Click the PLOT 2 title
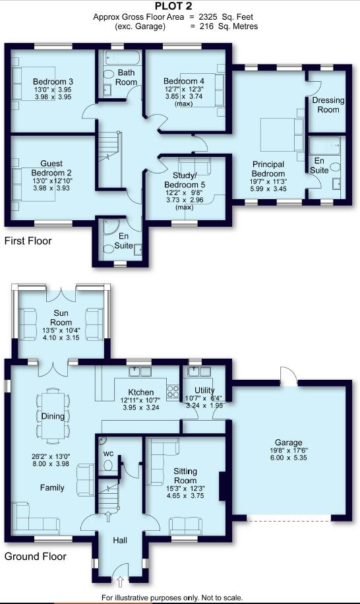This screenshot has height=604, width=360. [x=173, y=6]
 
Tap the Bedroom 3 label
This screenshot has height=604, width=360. [x=53, y=82]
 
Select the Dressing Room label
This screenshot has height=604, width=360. [x=328, y=105]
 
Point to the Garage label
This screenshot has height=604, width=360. [x=288, y=442]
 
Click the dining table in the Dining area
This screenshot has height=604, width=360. [x=53, y=416]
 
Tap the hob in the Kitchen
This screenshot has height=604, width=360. [x=173, y=392]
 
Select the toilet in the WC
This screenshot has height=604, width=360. [x=108, y=466]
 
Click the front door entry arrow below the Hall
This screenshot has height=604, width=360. [x=120, y=582]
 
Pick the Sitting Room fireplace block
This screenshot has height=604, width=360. [x=222, y=486]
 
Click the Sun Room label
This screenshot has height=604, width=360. [x=61, y=318]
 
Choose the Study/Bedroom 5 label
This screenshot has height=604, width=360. [x=185, y=180]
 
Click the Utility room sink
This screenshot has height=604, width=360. [x=199, y=371]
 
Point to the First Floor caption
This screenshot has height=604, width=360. [x=28, y=241]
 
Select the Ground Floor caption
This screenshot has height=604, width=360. [x=35, y=557]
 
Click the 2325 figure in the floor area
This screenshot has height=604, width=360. [x=208, y=17]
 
